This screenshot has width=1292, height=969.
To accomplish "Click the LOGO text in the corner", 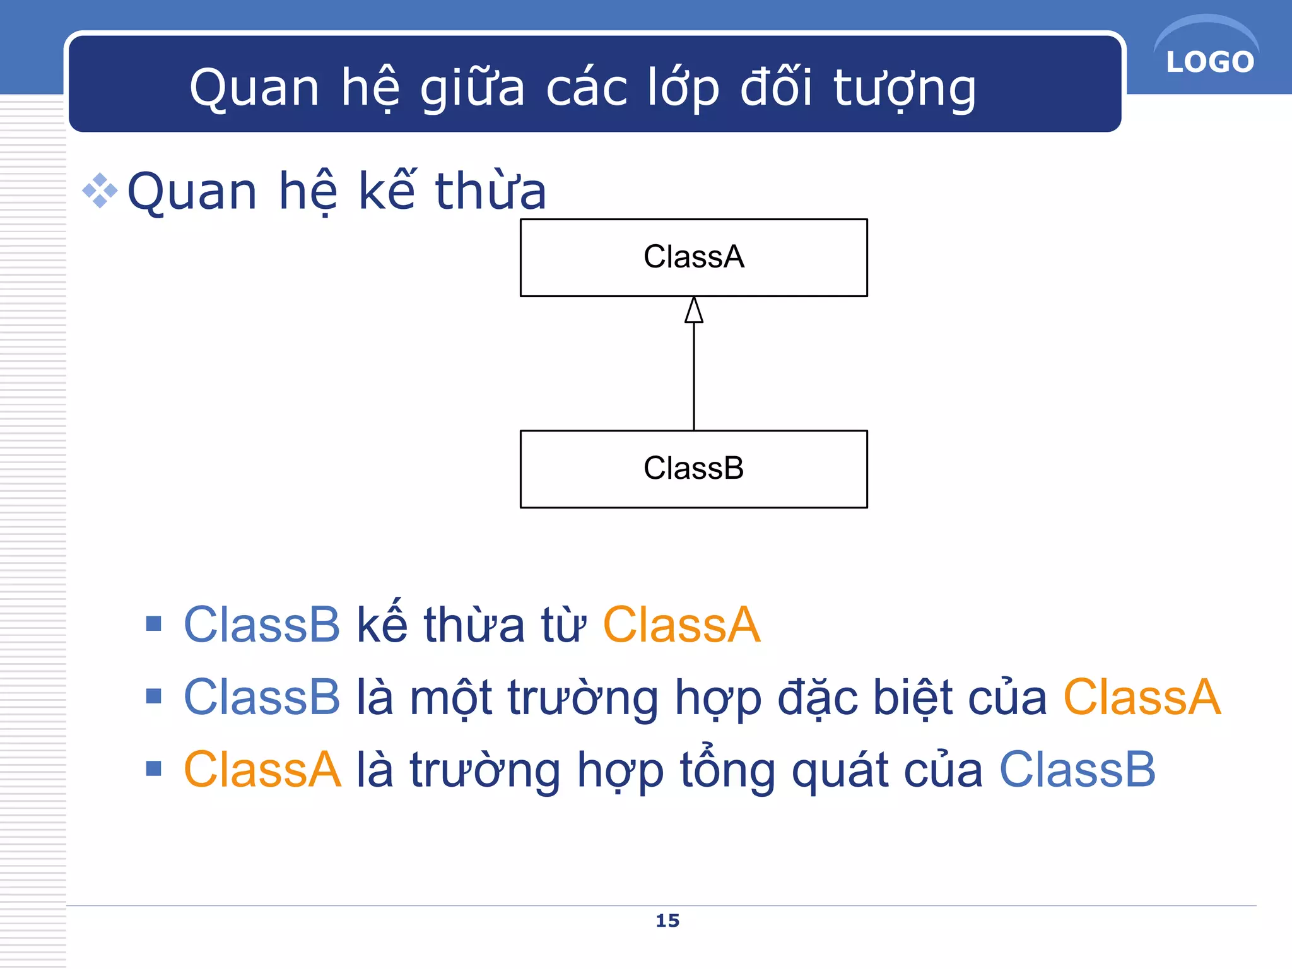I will click(1209, 62).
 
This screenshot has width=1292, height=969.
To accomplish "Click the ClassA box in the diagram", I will click(693, 257).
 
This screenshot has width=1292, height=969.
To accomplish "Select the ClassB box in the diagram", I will click(693, 469).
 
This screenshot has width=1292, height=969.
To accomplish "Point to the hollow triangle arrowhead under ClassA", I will click(694, 311).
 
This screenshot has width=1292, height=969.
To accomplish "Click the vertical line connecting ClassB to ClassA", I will click(694, 379).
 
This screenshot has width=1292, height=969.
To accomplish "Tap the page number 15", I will click(667, 920).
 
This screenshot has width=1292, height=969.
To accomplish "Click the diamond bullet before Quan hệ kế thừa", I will click(100, 191).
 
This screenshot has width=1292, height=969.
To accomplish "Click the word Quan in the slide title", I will click(254, 88).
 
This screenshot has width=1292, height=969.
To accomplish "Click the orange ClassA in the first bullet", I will click(681, 625).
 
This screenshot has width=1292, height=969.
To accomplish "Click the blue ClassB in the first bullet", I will click(262, 625).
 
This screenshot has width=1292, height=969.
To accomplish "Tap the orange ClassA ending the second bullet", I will click(1142, 698).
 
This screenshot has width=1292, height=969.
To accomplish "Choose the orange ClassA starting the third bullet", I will click(262, 770).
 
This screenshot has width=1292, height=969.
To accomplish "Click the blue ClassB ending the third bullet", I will click(1078, 770).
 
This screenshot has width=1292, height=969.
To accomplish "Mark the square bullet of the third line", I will click(153, 768).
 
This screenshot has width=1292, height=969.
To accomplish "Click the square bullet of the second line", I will click(153, 696).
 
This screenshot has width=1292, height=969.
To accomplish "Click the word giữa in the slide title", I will click(472, 88).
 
